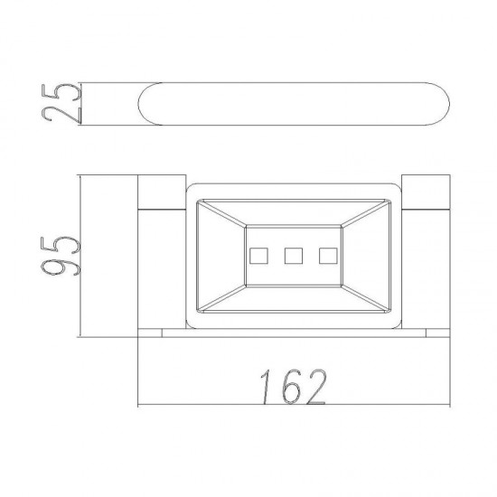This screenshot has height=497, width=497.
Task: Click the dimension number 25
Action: tap(61, 103)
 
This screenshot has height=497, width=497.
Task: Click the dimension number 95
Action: tap(61, 256)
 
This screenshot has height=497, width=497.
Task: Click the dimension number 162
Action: tap(293, 387)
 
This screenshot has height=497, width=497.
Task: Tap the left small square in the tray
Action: tap(258, 256)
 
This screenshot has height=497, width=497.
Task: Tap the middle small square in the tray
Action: tap(294, 256)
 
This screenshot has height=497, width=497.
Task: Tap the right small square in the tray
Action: tap(328, 256)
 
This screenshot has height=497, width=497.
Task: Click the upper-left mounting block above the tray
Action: tap(162, 192)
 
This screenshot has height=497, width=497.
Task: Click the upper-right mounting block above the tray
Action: tap(426, 192)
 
